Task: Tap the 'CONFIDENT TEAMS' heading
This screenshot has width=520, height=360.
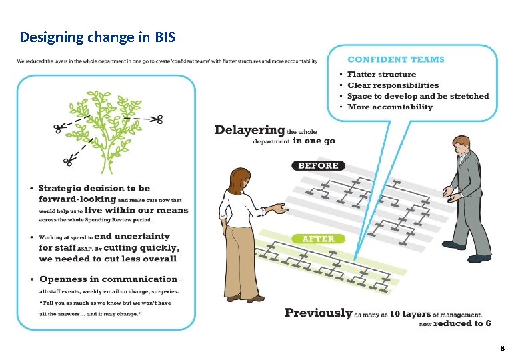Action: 396,59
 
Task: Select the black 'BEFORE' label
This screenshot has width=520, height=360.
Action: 319,165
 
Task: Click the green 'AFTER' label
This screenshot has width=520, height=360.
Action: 318,238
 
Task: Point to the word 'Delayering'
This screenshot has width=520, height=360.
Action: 249,130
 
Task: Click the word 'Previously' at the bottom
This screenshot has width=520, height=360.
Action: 318,313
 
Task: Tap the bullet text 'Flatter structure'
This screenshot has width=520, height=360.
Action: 381,75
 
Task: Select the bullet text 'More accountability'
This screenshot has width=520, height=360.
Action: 390,107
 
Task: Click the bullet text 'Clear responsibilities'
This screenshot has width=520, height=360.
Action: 393,85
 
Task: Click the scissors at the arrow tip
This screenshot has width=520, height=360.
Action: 155,120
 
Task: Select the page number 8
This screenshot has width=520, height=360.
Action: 502,348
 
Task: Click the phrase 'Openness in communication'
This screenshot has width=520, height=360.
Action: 109,279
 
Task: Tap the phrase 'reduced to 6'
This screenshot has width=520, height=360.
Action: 462,323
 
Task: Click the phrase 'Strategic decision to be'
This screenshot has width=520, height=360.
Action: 94,189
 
